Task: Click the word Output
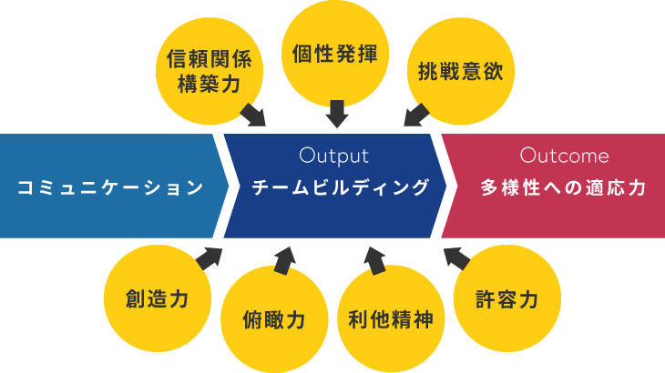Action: tap(333, 156)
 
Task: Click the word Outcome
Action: tap(565, 156)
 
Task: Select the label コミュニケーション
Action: tap(110, 187)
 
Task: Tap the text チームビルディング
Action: tap(340, 187)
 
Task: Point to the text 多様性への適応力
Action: tap(563, 187)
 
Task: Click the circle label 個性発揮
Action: tap(335, 54)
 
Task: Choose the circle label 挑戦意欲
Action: tap(461, 71)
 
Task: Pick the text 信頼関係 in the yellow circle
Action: tap(210, 59)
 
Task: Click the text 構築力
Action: tap(210, 84)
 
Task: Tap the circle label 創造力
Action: tap(158, 298)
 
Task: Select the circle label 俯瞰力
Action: tap(274, 319)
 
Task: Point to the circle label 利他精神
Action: tap(391, 319)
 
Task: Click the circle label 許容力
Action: tap(507, 298)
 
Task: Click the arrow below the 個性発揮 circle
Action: tap(337, 114)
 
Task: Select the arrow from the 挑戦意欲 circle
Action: tap(416, 116)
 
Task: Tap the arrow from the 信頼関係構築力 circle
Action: tap(253, 115)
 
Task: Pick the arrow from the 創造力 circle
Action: tap(210, 258)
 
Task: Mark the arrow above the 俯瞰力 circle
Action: tap(284, 261)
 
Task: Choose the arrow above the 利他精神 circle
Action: tap(375, 261)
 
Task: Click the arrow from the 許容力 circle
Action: tap(456, 258)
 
